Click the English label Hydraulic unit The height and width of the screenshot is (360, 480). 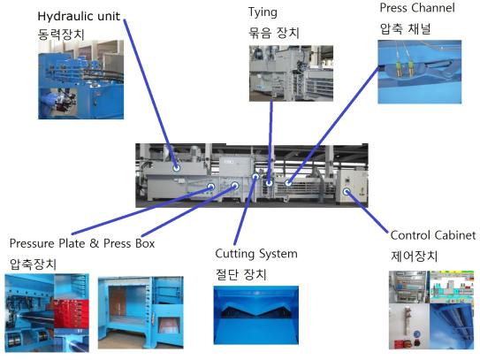point(79,16)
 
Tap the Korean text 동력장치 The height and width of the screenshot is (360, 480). point(61,34)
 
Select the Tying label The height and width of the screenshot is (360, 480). point(263,12)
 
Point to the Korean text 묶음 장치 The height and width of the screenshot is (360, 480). point(274,33)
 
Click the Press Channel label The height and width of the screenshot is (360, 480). point(417,8)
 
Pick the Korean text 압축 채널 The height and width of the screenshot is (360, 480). point(406,29)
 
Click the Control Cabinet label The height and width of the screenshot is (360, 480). point(433,235)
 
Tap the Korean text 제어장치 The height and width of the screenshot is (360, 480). point(414,256)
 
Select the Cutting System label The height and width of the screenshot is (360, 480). point(256,254)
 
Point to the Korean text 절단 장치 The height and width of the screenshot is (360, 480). point(241,274)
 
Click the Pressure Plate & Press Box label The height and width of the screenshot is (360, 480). point(82,243)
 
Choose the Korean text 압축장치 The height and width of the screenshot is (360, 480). point(33,264)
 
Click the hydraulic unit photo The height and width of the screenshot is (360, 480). point(80,80)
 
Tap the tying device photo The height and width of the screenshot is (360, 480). point(291,73)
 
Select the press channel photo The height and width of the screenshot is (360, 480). point(420,72)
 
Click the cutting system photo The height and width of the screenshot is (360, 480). point(256,315)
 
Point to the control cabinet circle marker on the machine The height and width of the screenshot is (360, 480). point(347,191)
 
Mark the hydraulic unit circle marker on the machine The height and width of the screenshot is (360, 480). point(177,167)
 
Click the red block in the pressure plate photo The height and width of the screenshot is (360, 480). point(72,314)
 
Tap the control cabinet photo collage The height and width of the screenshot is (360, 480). point(431,310)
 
